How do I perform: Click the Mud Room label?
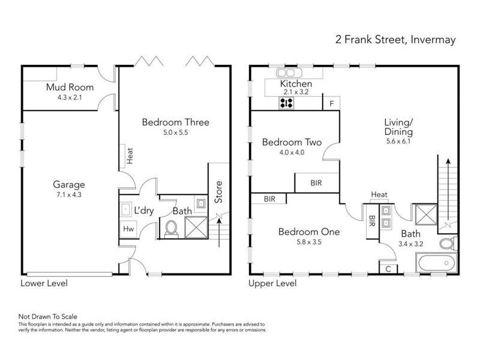tap(70, 87)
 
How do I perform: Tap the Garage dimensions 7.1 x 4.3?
tap(69, 194)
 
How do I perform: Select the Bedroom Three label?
tap(176, 122)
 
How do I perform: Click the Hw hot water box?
tap(128, 229)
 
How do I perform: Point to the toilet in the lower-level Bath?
tap(172, 229)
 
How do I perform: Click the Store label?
tap(218, 192)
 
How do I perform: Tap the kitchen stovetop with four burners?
tap(287, 103)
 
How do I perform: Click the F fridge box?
tap(332, 103)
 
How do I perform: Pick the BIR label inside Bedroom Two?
tap(316, 183)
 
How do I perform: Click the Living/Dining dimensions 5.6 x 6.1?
tap(398, 142)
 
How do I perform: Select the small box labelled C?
tap(388, 269)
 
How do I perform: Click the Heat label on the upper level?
tap(379, 194)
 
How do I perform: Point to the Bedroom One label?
tap(309, 232)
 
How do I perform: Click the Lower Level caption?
tap(44, 283)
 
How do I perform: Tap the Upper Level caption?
tap(272, 283)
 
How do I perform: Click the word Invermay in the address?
tap(433, 40)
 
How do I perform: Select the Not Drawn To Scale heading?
tap(48, 317)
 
